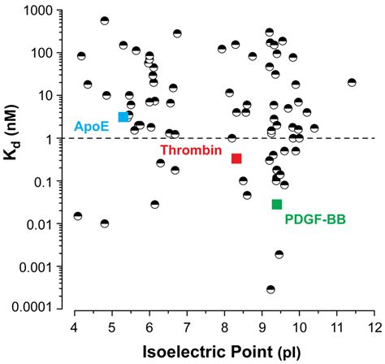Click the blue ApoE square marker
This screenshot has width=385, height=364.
click(x=123, y=117)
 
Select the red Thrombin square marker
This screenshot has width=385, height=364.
click(x=236, y=158)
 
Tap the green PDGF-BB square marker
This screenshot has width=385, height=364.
click(x=277, y=204)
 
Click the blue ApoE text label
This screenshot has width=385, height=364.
click(x=92, y=127)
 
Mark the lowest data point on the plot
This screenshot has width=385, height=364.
click(x=270, y=289)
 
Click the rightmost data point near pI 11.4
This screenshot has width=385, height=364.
click(x=352, y=82)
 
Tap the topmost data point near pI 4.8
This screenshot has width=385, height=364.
click(x=105, y=21)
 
